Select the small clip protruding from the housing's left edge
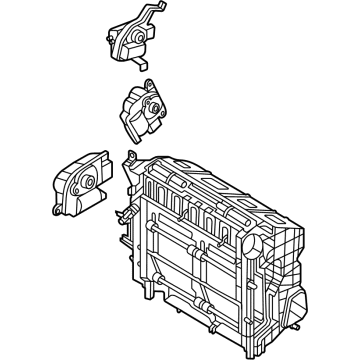point(119,212)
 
